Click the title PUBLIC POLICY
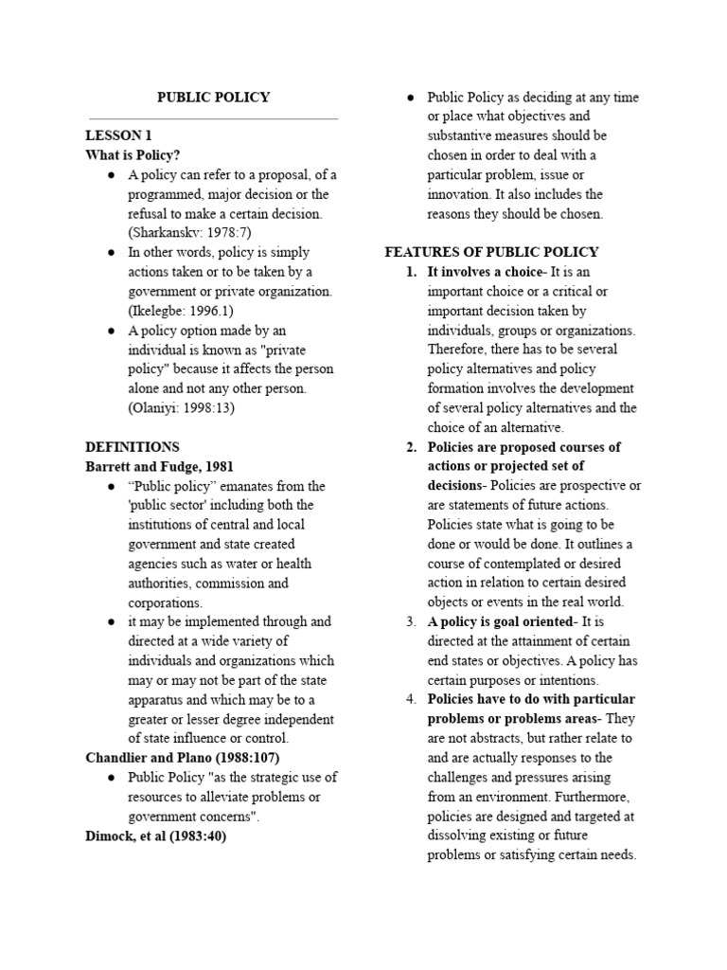point(213,98)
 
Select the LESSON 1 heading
point(118,135)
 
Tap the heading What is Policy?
point(133,155)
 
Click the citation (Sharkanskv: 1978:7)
point(190,233)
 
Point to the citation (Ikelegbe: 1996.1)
point(182,311)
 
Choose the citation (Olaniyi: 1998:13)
point(181,408)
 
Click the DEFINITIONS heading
point(132,447)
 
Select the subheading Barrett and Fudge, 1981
point(159,466)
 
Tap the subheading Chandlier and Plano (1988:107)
point(182,758)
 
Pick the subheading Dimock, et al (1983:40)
point(156,835)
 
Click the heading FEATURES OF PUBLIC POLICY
point(491,253)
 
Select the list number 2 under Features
point(412,447)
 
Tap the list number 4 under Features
point(412,699)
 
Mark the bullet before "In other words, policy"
point(112,253)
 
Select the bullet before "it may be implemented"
point(112,621)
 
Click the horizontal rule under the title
point(211,119)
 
